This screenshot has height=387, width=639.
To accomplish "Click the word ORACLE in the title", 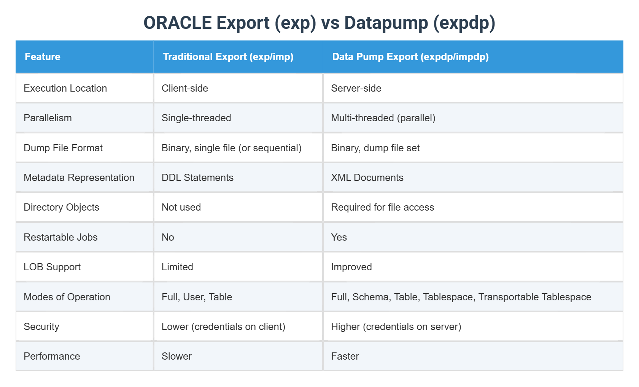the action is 177,23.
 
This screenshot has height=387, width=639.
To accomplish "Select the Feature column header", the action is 43,57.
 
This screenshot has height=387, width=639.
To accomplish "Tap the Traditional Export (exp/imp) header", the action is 228,57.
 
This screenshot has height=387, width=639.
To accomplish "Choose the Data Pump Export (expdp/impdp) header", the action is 410,57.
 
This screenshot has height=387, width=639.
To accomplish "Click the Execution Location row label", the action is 65,88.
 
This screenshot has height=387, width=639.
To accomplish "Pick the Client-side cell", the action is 185,88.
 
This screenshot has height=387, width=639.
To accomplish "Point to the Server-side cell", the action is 356,88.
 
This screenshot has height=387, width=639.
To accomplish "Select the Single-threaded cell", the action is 196,118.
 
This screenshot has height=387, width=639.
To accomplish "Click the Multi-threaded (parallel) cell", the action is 383,118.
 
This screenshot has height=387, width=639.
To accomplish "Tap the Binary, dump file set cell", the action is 375,148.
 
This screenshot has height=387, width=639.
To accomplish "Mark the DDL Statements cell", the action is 197,178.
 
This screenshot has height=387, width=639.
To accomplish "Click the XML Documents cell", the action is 367,178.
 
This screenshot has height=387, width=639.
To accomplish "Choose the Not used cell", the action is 181,207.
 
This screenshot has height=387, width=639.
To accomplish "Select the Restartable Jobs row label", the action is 60,237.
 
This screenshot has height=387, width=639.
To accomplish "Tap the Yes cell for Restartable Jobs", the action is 339,237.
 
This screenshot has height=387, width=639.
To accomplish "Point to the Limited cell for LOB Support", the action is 177,267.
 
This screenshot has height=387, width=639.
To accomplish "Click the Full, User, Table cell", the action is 197,297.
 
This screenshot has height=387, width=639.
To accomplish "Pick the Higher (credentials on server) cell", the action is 396,327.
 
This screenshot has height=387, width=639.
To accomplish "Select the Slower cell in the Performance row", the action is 176,356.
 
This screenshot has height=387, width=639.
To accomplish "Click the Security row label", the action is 41,327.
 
